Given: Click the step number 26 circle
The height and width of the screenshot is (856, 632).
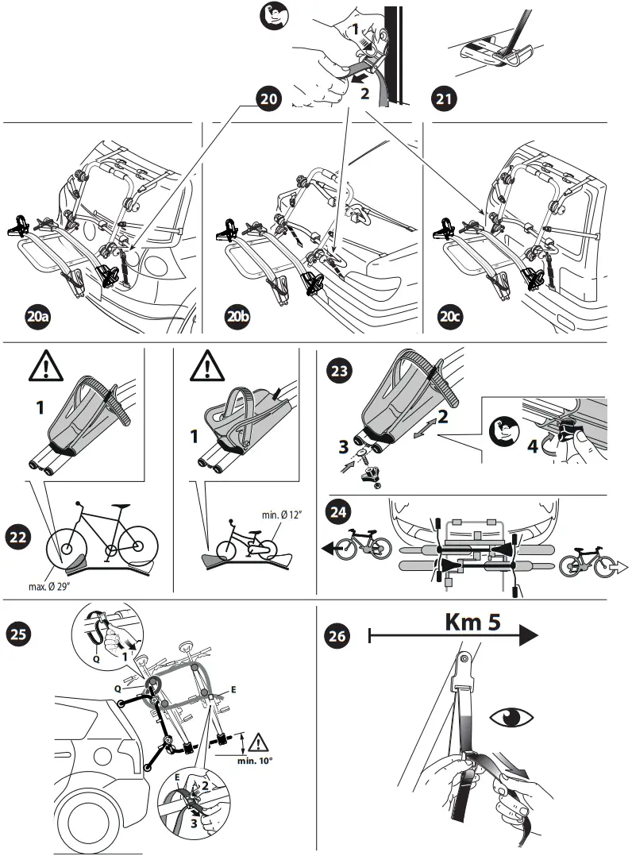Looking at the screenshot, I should point(339,635).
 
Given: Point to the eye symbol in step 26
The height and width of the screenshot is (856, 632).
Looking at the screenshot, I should point(511,719).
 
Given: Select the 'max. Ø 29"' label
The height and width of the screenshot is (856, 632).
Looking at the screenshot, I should point(59,587).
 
